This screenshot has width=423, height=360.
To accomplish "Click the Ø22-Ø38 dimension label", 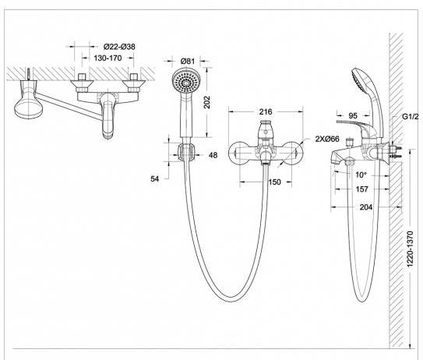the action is pos(119,47).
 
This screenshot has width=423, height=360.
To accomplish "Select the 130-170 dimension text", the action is pos(108,58).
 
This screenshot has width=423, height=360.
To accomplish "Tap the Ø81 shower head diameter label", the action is pos(188,62).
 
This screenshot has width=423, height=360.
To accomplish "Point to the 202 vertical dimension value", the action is pos(207,102).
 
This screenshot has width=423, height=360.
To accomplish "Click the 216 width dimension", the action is pos(266,111).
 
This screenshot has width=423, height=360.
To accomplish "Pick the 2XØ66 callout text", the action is pos(327,139).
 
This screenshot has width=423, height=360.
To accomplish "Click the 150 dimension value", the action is pos(274,182).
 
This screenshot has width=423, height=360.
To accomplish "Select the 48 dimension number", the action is pos(213,155).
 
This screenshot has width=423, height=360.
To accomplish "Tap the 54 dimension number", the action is pos(154,178).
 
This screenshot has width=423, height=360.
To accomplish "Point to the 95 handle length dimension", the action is pos(353,116).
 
